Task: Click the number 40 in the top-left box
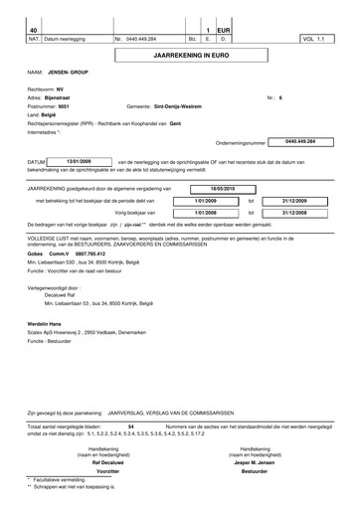coord(34,31)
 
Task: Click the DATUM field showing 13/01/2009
coord(79,160)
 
